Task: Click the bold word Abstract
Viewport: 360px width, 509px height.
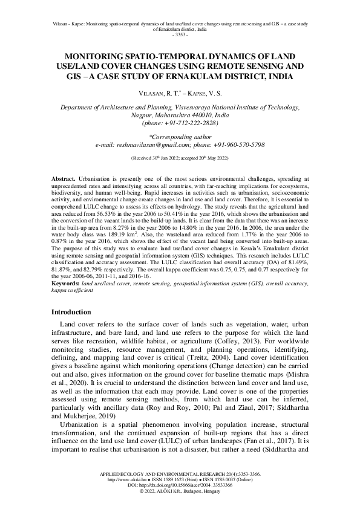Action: coord(63,180)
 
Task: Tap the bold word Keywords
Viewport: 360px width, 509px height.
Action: coord(65,284)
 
